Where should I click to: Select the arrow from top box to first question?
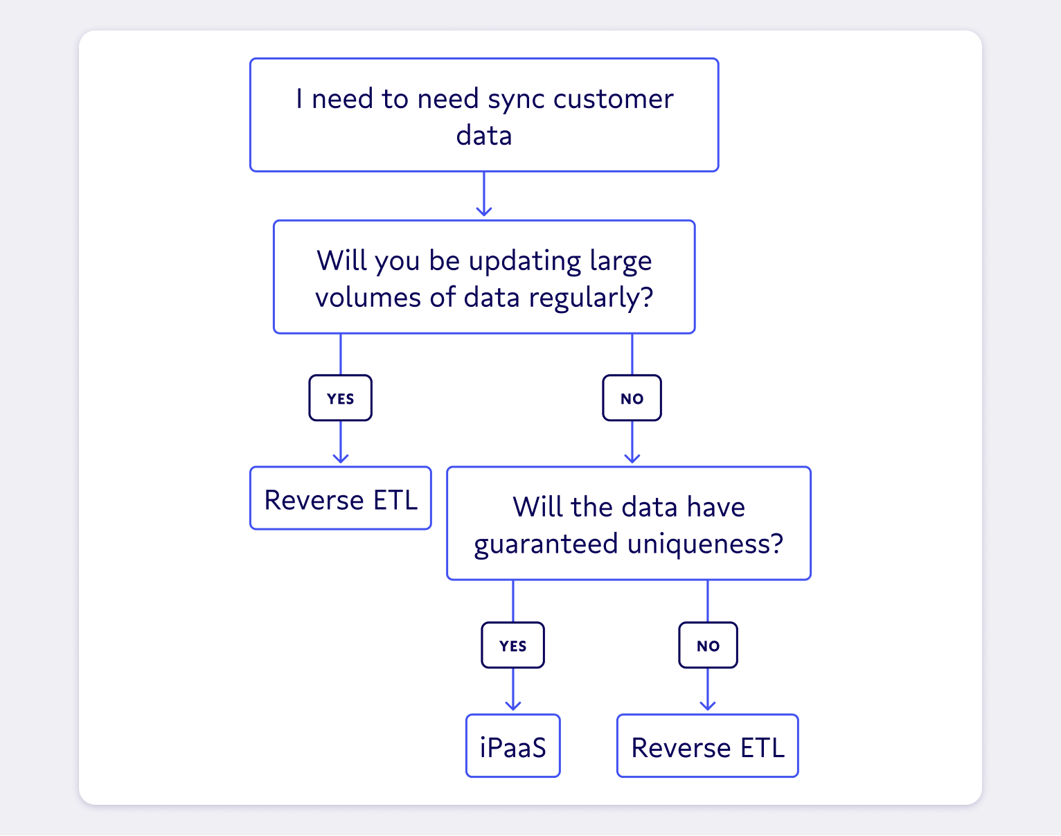click(484, 195)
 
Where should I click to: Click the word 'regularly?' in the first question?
click(591, 298)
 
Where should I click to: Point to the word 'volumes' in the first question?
click(368, 298)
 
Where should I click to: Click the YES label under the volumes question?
click(340, 398)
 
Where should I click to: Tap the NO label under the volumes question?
click(632, 398)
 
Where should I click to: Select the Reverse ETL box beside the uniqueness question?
click(340, 499)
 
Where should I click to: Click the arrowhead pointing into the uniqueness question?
click(632, 458)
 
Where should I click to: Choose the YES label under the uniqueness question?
click(512, 646)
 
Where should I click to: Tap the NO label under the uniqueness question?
click(708, 646)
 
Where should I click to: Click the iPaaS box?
click(512, 747)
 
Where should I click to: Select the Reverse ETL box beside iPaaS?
click(708, 747)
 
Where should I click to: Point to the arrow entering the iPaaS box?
click(512, 693)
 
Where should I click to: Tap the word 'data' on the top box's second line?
click(483, 136)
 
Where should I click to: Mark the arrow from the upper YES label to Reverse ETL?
click(340, 443)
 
